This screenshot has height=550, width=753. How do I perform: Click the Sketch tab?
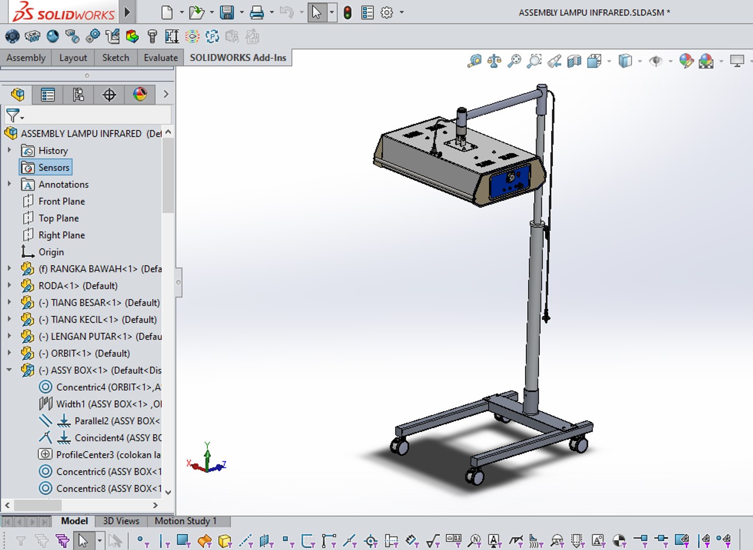115,58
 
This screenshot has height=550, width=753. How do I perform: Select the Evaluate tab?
160,58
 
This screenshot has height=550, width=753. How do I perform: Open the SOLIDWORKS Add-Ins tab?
238,58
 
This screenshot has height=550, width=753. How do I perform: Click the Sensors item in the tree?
53,168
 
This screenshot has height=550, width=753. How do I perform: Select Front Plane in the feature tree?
62,201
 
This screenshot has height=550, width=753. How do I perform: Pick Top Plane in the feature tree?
59,218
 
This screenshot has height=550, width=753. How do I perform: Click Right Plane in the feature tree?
62,235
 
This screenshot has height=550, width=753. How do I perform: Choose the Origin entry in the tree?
51,252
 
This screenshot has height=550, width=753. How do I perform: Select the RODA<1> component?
77,286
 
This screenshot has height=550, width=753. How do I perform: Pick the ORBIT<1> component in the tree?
90,353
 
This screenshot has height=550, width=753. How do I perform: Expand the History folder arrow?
9,150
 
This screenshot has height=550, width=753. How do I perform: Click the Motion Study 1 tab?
185,521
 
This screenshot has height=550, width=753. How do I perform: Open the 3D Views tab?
121,521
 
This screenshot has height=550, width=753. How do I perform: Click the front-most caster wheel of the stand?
475,476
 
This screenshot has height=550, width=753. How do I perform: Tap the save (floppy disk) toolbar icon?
227,12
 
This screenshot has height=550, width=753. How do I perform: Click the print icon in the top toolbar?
257,12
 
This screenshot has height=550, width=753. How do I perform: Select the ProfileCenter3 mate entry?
107,455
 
